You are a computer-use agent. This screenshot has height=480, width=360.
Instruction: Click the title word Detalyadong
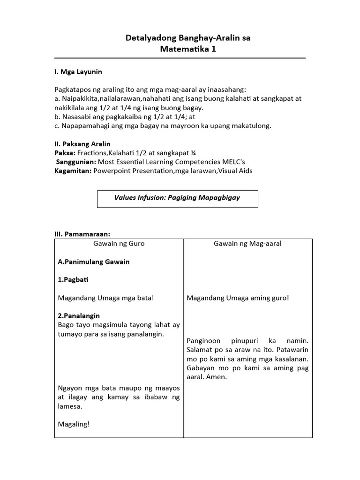pyautogui.click(x=150, y=38)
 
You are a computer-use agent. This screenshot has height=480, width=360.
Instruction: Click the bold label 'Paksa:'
pyautogui.click(x=65, y=153)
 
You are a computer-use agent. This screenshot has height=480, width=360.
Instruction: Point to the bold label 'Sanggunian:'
pyautogui.click(x=76, y=162)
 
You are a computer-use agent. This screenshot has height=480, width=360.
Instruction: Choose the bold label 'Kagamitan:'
pyautogui.click(x=73, y=171)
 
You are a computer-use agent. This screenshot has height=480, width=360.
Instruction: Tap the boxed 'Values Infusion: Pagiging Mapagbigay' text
pyautogui.click(x=177, y=198)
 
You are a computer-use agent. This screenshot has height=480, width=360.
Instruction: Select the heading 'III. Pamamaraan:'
pyautogui.click(x=82, y=234)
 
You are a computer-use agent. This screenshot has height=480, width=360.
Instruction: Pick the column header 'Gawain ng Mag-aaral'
pyautogui.click(x=247, y=244)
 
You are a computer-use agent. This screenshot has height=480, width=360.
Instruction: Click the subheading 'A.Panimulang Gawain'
pyautogui.click(x=94, y=262)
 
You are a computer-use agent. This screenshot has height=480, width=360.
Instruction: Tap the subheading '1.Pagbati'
pyautogui.click(x=73, y=279)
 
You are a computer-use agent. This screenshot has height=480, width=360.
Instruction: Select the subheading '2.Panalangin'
pyautogui.click(x=79, y=315)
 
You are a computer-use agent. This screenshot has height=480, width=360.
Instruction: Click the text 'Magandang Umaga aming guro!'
pyautogui.click(x=238, y=298)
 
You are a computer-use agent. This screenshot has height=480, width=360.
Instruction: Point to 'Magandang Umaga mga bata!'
pyautogui.click(x=105, y=298)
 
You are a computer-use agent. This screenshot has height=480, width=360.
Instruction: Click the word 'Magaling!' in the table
pyautogui.click(x=74, y=424)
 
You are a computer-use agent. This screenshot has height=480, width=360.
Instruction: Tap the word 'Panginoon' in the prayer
pyautogui.click(x=202, y=341)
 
